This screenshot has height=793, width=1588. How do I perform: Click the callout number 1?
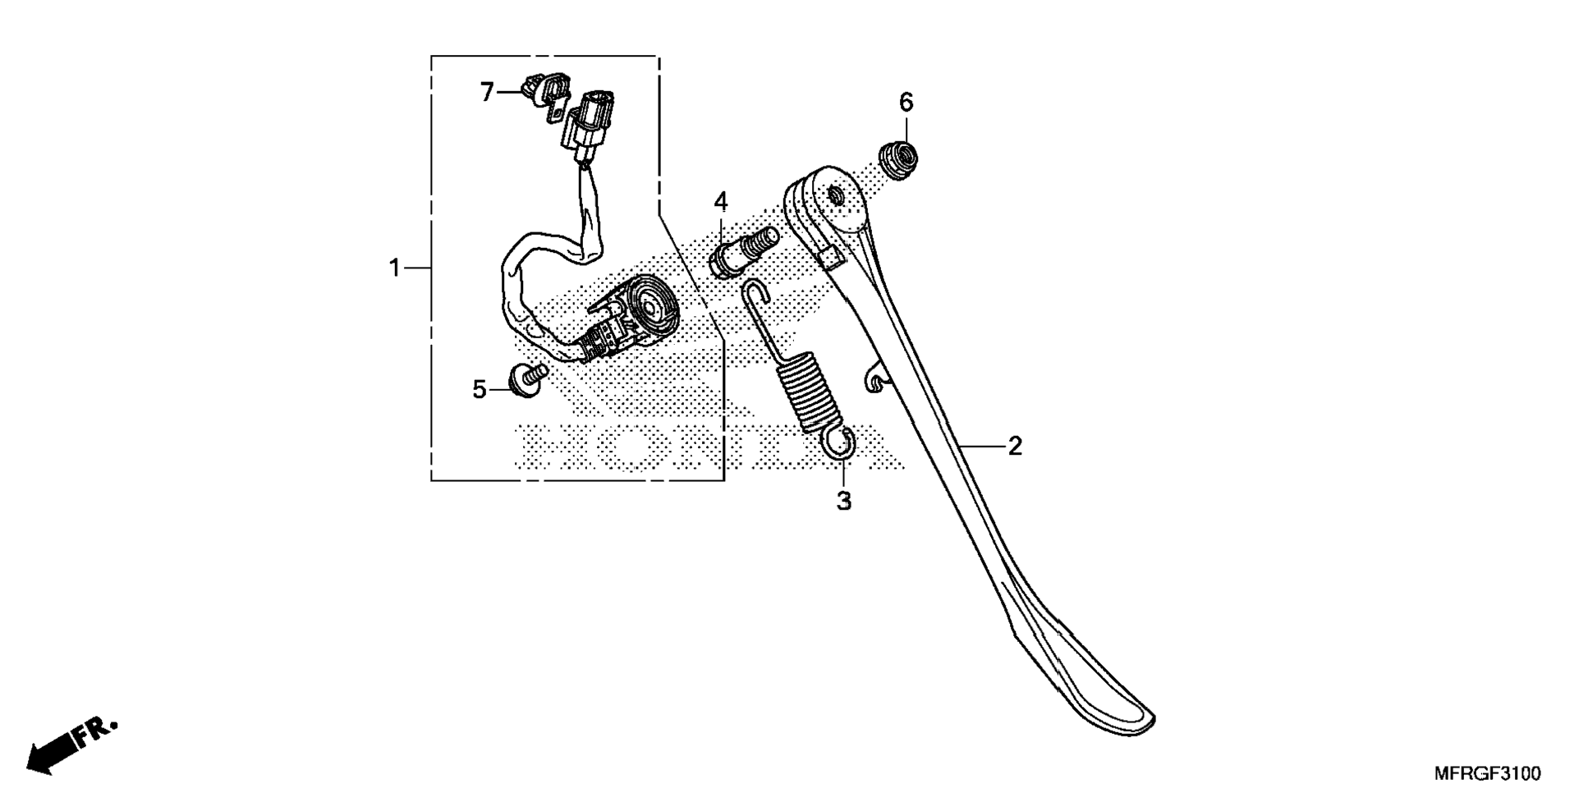[395, 268]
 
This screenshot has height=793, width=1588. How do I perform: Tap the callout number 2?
[1015, 447]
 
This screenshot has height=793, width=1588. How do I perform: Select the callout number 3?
[844, 501]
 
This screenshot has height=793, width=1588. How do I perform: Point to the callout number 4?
[721, 201]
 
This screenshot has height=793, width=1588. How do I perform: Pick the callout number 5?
[480, 390]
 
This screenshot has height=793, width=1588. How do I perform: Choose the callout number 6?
[906, 103]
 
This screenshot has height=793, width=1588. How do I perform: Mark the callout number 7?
[487, 92]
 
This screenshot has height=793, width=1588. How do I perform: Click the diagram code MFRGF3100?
[1487, 773]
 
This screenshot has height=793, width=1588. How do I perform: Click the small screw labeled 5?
[526, 378]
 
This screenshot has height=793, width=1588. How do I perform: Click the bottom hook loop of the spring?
[841, 446]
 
